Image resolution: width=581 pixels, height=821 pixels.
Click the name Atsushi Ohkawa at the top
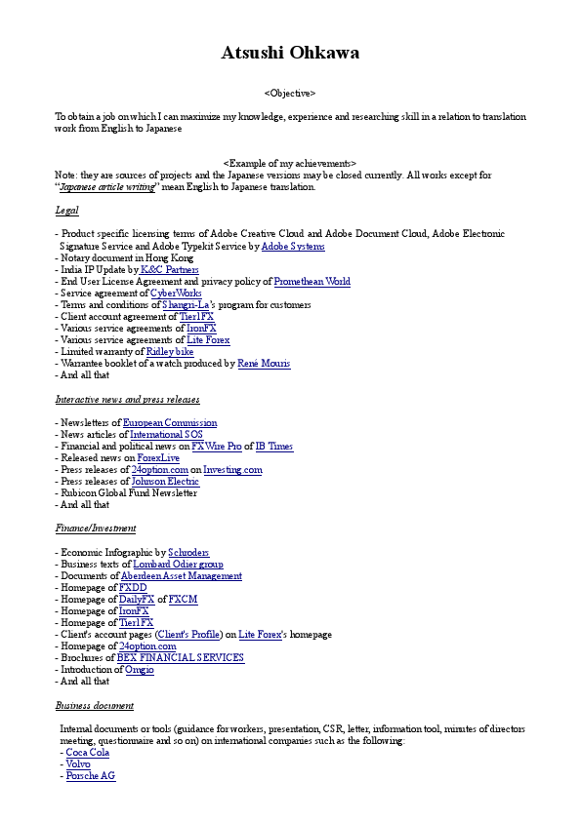(x=290, y=53)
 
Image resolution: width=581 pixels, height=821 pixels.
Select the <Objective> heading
(x=290, y=93)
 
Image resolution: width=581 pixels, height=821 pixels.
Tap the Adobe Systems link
(x=293, y=247)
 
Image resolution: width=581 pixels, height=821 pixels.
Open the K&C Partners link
(x=170, y=270)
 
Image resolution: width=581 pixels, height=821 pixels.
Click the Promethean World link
(x=311, y=282)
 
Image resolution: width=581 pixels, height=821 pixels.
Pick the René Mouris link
(x=264, y=364)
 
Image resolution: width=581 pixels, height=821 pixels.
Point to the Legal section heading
(x=66, y=211)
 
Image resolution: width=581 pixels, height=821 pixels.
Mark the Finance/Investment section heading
(x=96, y=528)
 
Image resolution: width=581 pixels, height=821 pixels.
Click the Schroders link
(x=188, y=553)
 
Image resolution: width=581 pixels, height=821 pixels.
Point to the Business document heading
(x=95, y=705)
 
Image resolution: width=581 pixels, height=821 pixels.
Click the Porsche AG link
(x=91, y=776)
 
